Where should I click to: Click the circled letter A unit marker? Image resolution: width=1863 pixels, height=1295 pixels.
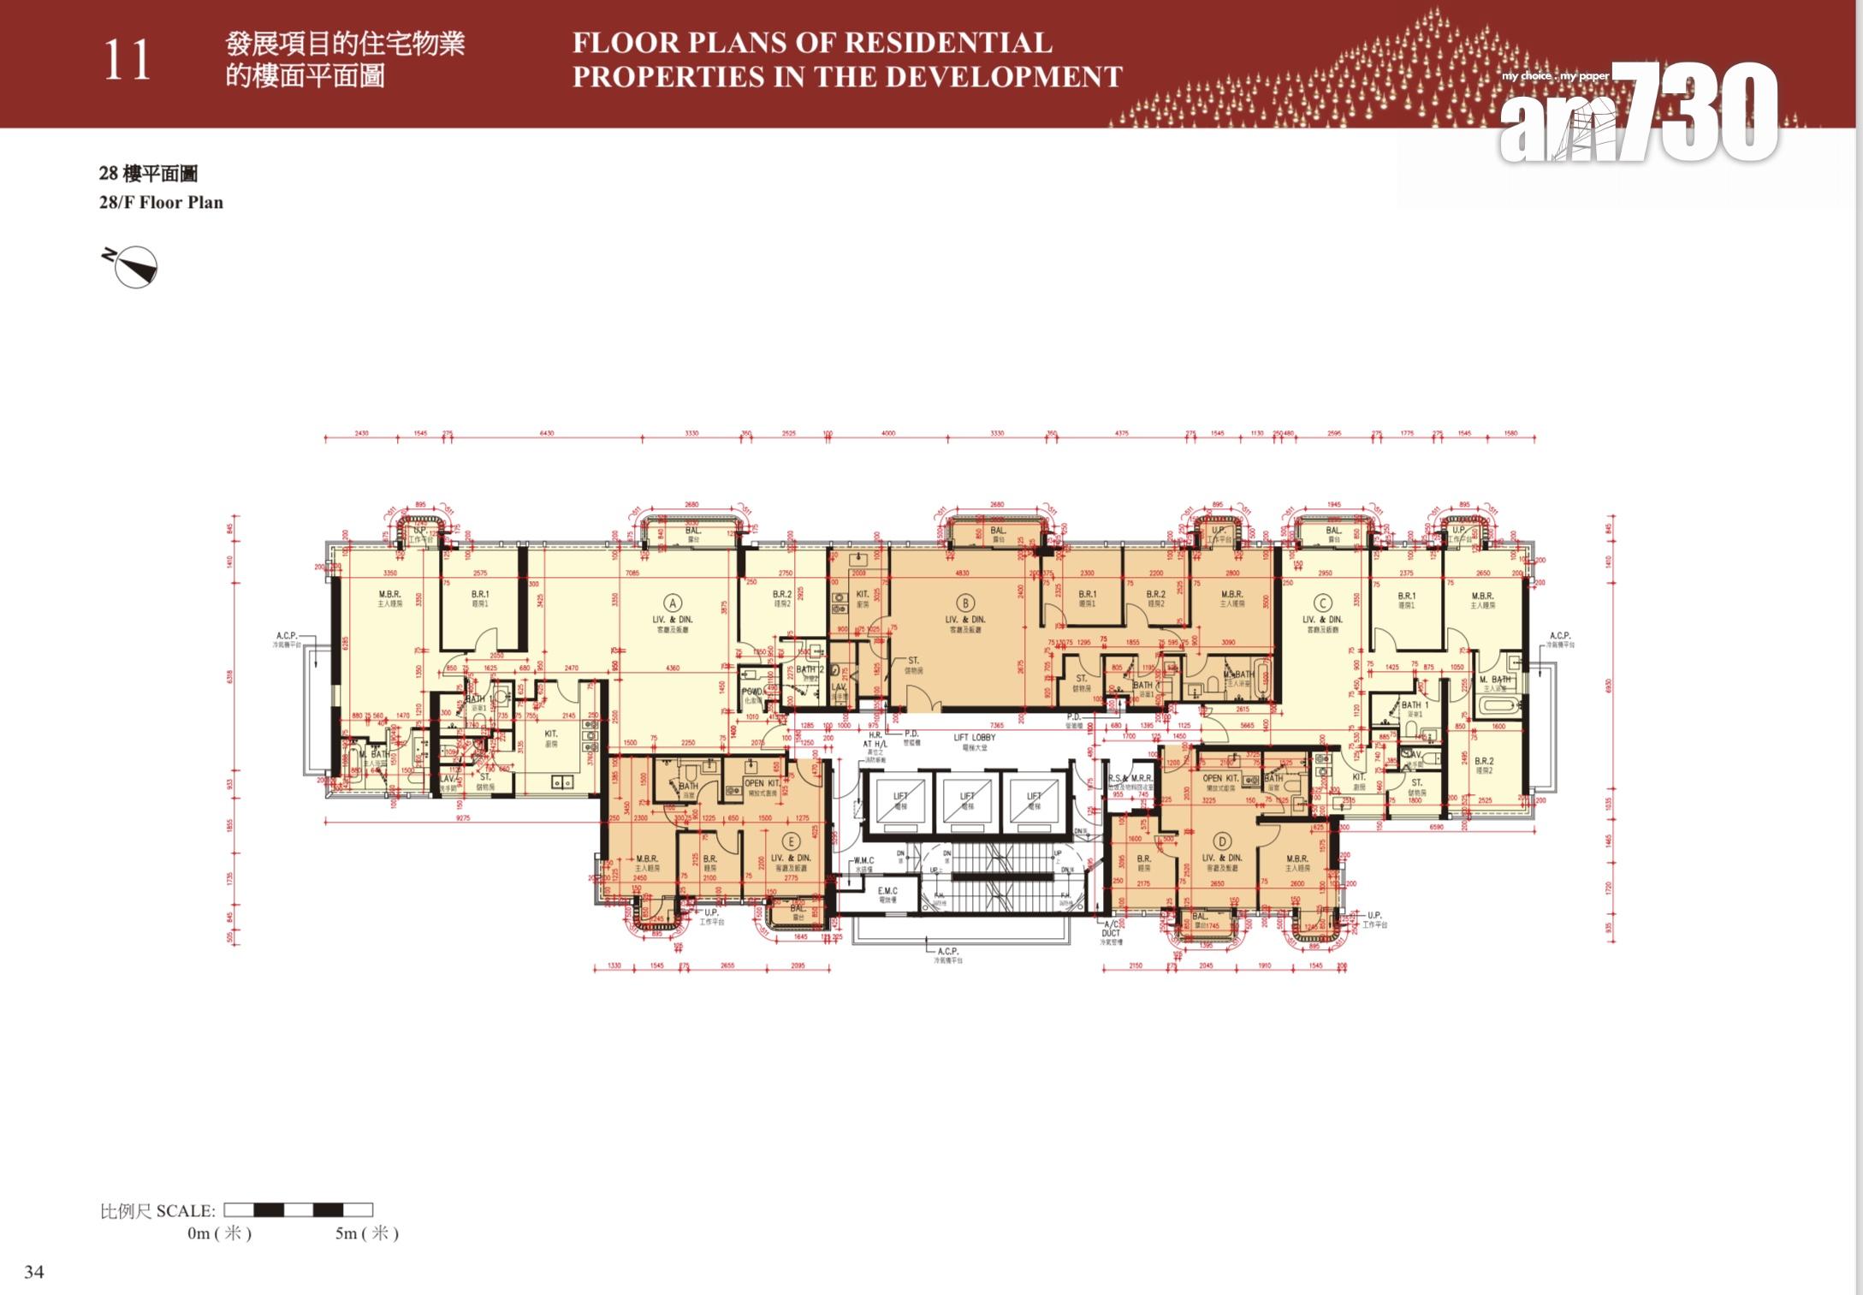(673, 603)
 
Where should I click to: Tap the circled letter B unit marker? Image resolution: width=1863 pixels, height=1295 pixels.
(965, 603)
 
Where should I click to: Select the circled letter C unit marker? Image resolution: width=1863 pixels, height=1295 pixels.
(1322, 603)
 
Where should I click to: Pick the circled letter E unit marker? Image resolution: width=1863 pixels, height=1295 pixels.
(791, 842)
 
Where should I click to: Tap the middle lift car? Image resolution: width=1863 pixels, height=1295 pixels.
(967, 800)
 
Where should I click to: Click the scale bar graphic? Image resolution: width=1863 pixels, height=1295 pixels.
(298, 1209)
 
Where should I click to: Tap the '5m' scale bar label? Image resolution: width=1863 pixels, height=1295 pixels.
(365, 1233)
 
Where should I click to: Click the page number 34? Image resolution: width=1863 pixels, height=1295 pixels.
(34, 1271)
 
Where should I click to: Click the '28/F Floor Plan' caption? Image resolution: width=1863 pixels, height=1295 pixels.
(161, 203)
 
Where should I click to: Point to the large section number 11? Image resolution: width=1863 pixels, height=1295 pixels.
(127, 62)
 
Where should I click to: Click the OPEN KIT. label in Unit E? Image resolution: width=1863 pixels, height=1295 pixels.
(762, 783)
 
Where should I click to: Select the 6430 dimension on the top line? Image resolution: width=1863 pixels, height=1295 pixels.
(546, 433)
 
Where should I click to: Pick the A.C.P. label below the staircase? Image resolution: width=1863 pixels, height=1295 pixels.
(947, 951)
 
